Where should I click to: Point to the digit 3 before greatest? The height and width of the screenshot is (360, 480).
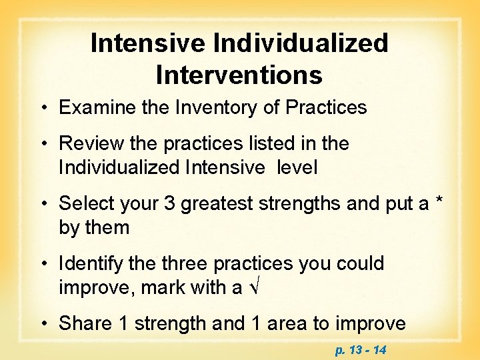pos(169,203)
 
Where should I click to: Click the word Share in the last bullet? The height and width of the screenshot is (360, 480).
pos(83,323)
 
